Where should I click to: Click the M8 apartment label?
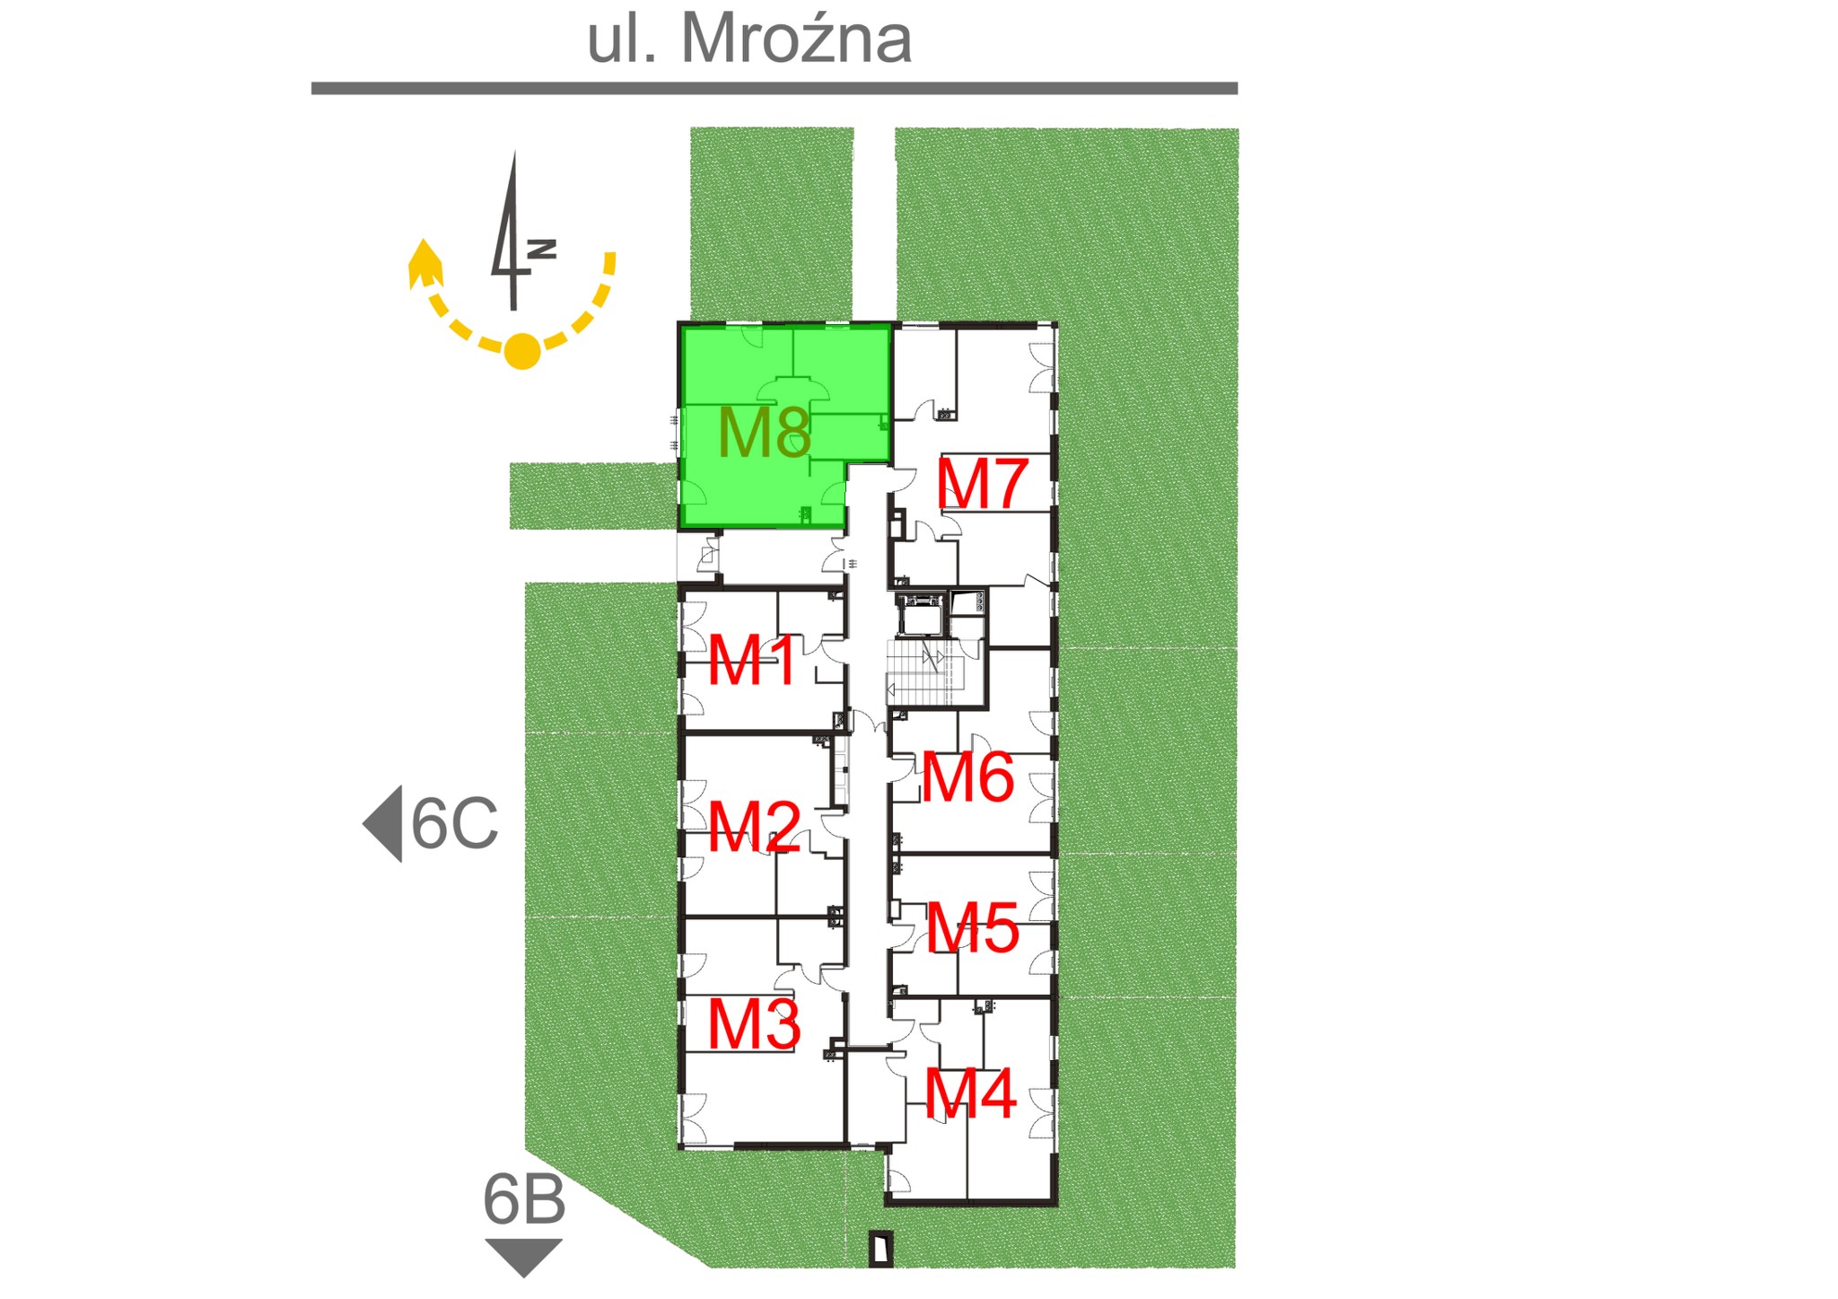(x=765, y=433)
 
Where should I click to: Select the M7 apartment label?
(x=982, y=485)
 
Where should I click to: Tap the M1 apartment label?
(x=752, y=661)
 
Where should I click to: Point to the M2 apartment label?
(x=754, y=827)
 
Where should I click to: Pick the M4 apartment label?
(x=970, y=1093)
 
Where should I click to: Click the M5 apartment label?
(x=973, y=927)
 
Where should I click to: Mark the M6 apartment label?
(x=968, y=777)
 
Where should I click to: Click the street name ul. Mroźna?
(x=749, y=39)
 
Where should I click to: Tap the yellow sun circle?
(x=522, y=351)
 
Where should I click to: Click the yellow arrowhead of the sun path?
(x=424, y=262)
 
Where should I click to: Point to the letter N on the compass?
(x=542, y=249)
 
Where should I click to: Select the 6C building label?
(x=454, y=823)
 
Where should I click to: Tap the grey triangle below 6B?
(x=523, y=1254)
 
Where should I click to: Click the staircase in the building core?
(x=924, y=672)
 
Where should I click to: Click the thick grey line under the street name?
(x=775, y=88)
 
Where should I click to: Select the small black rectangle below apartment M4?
(x=881, y=1249)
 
